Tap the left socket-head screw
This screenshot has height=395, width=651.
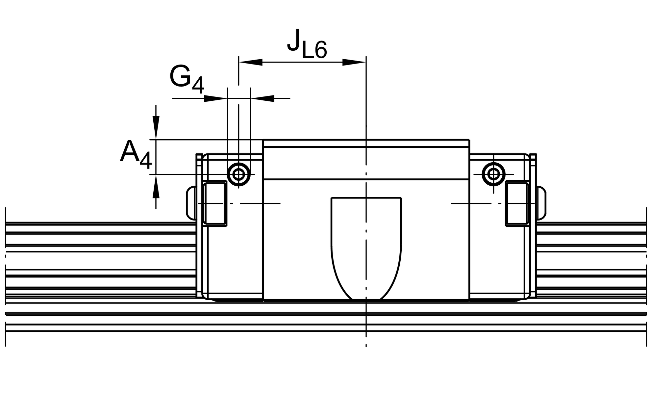(239, 174)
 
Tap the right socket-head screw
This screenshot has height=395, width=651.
(493, 174)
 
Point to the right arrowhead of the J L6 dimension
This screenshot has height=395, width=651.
(354, 62)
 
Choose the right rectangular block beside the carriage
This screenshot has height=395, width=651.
(517, 203)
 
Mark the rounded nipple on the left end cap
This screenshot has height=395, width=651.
(191, 203)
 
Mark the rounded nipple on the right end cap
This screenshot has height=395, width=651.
(541, 203)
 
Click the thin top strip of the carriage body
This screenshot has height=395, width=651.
(366, 143)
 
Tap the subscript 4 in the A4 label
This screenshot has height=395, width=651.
(145, 160)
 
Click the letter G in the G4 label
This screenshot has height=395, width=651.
(180, 76)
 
